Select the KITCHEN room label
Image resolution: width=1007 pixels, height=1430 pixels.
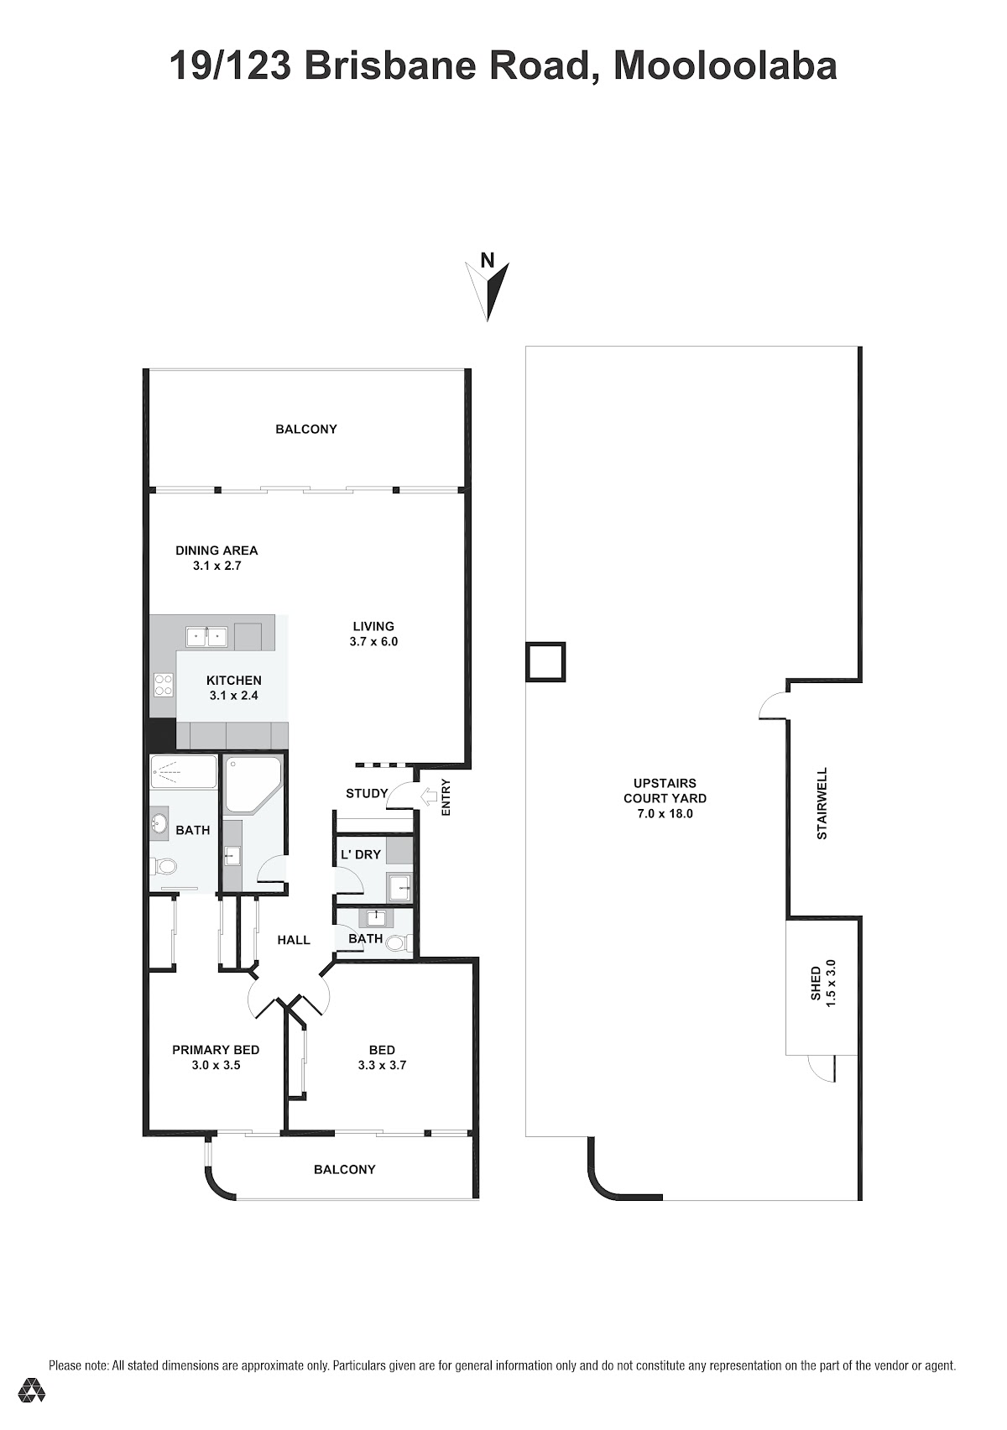tap(234, 681)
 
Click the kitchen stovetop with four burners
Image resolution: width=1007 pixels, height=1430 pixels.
tap(163, 686)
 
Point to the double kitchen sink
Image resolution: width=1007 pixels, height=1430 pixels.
tap(207, 636)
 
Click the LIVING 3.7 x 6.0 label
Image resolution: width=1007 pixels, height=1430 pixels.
tap(373, 634)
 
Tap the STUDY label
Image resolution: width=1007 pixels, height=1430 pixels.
tap(367, 794)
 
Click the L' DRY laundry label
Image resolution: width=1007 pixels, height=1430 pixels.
tap(361, 854)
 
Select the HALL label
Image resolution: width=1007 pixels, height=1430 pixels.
tap(294, 940)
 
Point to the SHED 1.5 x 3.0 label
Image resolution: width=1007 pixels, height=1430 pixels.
tap(822, 984)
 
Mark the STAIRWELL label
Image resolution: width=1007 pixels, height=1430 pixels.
tap(822, 803)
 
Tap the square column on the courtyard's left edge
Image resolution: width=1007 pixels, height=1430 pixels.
tap(545, 661)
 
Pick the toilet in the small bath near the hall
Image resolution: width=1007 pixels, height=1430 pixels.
tap(399, 943)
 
